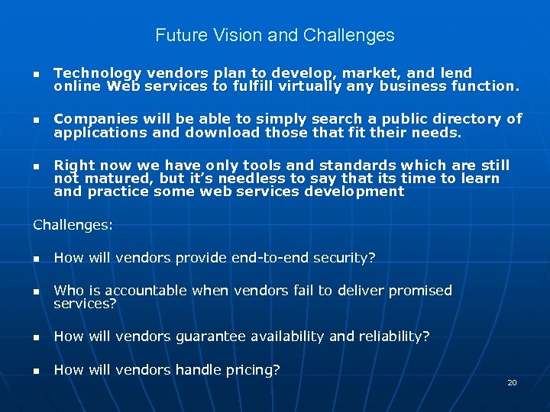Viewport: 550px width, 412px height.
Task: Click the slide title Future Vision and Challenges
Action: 275,35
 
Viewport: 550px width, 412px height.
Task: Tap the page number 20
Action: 512,382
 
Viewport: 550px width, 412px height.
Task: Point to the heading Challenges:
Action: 73,225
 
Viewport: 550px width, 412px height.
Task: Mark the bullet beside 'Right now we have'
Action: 36,166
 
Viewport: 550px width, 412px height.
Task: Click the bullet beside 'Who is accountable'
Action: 36,291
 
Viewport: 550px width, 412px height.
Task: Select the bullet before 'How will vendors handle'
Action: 36,371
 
